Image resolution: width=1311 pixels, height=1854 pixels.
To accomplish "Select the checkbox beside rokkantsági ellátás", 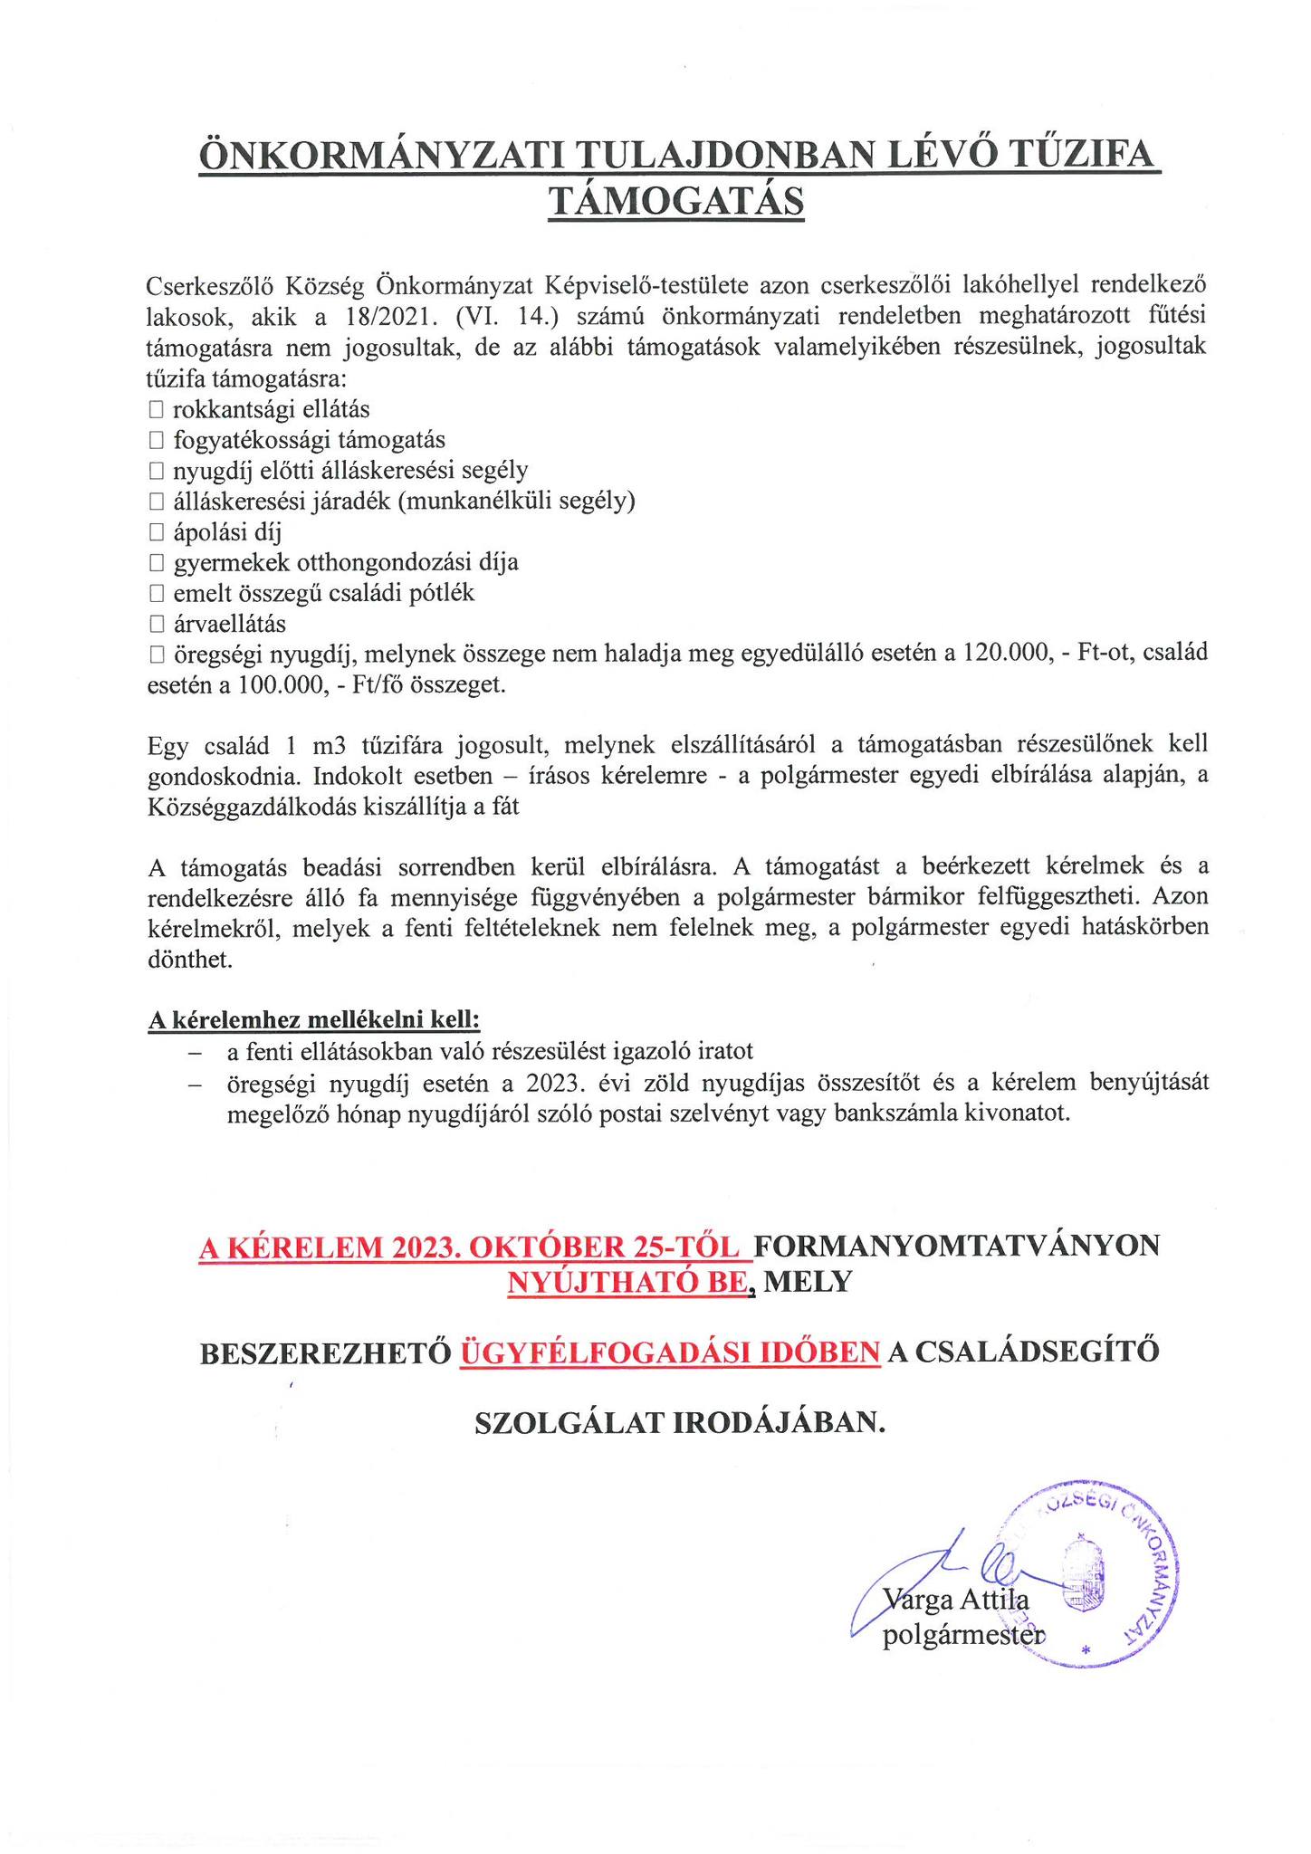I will click(156, 411).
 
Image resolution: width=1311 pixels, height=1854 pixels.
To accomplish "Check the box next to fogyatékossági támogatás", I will click(156, 442).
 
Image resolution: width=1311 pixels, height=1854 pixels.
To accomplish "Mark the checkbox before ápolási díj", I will click(156, 532).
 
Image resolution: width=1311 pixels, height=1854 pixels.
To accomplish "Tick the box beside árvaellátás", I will click(156, 625).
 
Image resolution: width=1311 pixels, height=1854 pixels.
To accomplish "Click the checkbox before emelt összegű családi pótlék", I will click(156, 595).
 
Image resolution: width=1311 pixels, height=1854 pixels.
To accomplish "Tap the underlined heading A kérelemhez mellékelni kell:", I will click(313, 1020).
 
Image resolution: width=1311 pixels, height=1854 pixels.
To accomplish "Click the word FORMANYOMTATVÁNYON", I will click(956, 1247).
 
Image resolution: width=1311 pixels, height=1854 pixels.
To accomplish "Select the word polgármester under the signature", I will click(962, 1636).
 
